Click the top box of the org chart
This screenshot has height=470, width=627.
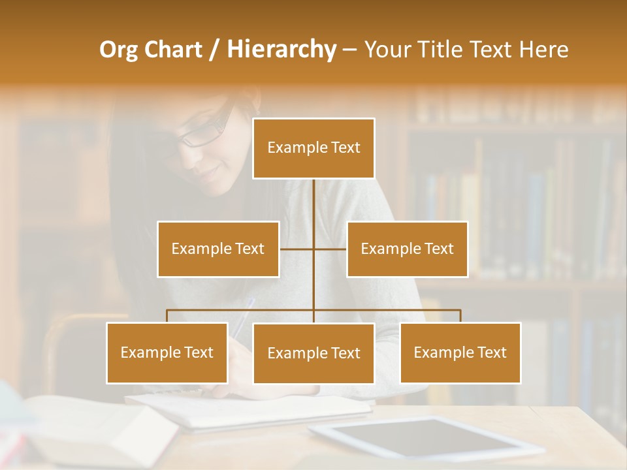click(x=313, y=148)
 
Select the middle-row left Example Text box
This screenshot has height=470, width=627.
click(x=218, y=249)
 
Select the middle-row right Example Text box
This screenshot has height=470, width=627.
click(x=407, y=249)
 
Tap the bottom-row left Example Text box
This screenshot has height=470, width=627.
click(x=167, y=352)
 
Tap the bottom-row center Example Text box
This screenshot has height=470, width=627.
click(x=313, y=353)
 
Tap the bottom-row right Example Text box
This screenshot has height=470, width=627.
click(x=460, y=352)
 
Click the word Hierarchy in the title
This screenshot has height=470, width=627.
click(x=281, y=50)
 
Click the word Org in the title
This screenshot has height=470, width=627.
click(x=120, y=50)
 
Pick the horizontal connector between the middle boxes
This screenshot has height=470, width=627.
click(x=313, y=249)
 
